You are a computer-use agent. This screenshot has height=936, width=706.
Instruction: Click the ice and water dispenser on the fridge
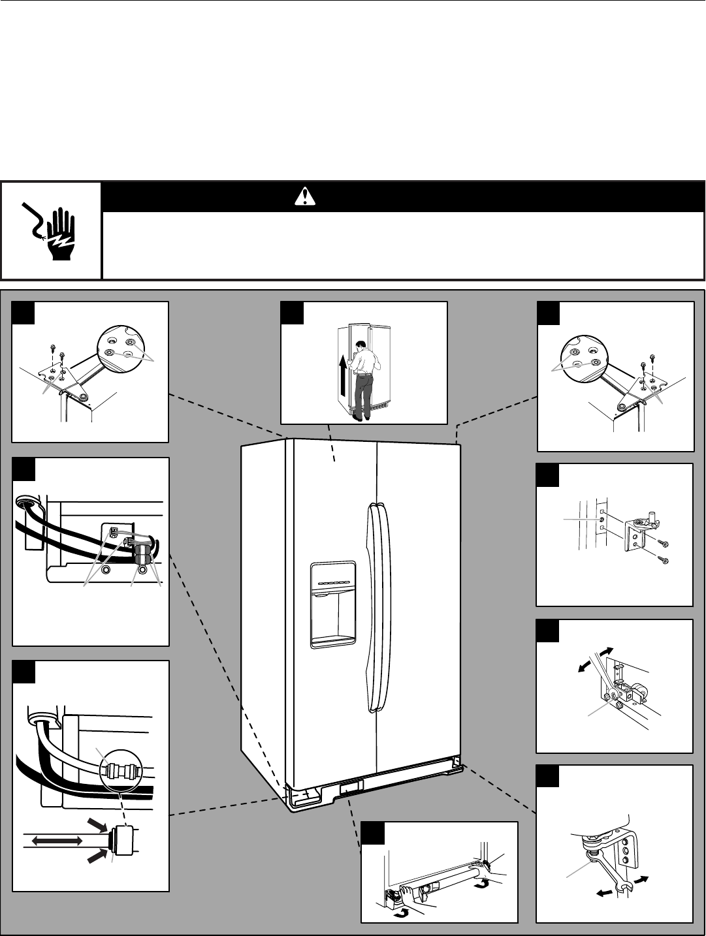click(333, 604)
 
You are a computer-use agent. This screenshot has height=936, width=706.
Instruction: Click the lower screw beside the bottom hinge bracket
click(664, 559)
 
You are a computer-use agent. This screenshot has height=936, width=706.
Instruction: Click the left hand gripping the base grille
click(422, 904)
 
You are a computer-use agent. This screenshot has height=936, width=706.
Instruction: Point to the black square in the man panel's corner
click(291, 313)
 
